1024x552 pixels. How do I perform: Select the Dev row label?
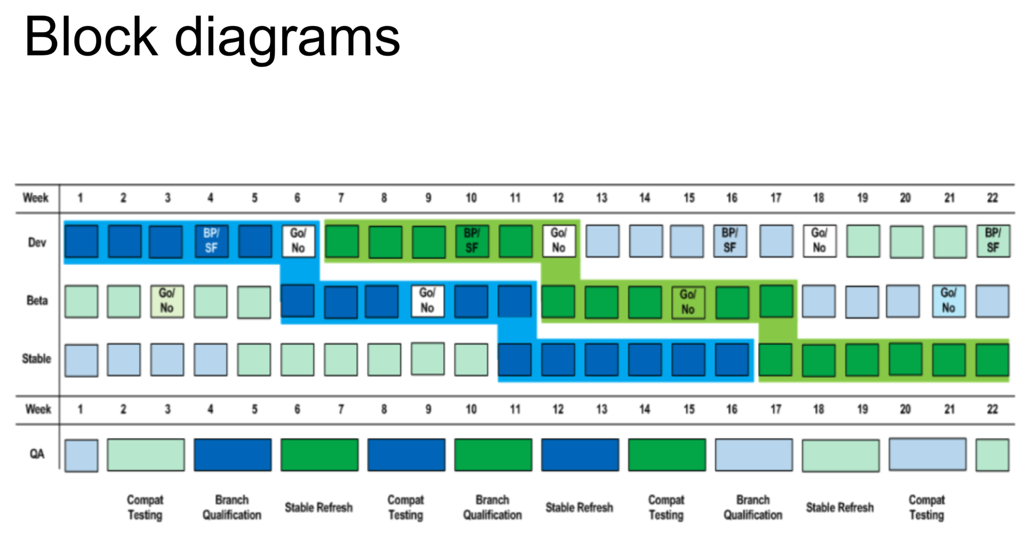coord(37,242)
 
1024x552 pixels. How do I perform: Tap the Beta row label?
coord(37,301)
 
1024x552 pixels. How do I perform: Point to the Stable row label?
coord(36,359)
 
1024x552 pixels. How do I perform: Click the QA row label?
coord(37,454)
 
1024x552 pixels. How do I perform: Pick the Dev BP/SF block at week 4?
coord(211,241)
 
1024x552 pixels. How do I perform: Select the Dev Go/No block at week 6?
coord(298,241)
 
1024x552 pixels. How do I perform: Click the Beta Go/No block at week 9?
coord(427,301)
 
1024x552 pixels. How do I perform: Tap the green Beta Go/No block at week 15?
coord(688,302)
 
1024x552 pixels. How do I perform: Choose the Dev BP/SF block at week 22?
coord(993,241)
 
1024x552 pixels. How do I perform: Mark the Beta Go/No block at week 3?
coord(167,301)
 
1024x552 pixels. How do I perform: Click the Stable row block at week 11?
coord(515,360)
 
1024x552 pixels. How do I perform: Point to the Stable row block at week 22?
coord(992,360)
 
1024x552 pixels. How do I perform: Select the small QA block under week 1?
coord(81,455)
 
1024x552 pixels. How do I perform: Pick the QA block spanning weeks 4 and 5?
coord(233,454)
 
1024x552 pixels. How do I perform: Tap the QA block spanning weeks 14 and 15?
coord(667,454)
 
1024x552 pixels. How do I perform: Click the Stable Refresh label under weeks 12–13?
coord(579,507)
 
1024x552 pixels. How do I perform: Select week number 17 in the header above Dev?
coord(775,198)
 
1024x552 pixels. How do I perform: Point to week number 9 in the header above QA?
coord(428,409)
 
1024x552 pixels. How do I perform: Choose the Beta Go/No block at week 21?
coord(948,301)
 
